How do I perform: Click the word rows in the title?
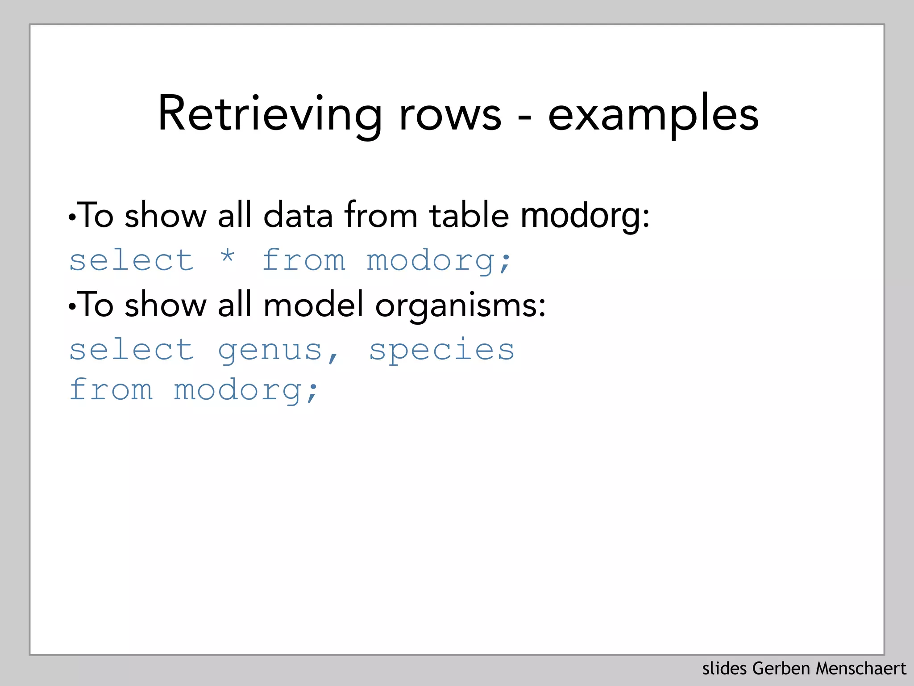coord(450,115)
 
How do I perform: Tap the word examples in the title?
coord(653,115)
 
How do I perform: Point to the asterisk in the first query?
coord(228,258)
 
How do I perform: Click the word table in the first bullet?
coord(469,216)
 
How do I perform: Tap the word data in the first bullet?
coord(298,216)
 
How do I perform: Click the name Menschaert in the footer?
coord(861,669)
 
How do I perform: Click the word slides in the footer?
coord(724,669)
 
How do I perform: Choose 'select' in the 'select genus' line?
coord(132,350)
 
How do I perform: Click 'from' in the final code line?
coord(112,390)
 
